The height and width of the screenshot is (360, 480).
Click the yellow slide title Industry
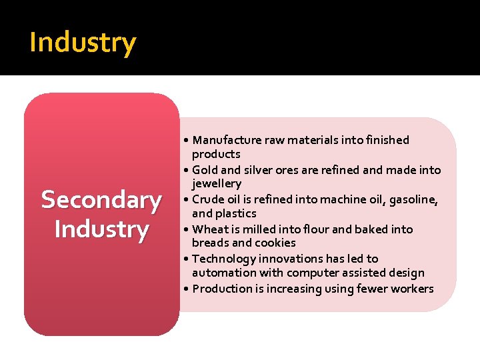(83, 43)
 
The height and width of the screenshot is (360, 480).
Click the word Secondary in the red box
(101, 200)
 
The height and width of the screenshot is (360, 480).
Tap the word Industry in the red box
(101, 229)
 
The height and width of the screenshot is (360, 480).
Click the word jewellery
(217, 183)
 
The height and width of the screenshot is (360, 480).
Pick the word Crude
(208, 199)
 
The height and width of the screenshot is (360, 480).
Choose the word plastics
(235, 213)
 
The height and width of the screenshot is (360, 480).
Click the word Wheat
(210, 229)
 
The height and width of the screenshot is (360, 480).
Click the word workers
(413, 289)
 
